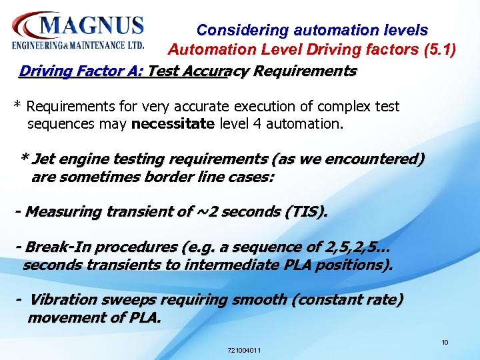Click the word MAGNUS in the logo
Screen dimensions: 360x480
(92, 26)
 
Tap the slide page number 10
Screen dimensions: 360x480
(445, 343)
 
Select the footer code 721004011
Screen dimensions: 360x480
(244, 350)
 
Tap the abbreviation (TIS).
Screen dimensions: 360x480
(306, 212)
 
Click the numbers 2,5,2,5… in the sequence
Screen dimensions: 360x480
(356, 247)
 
